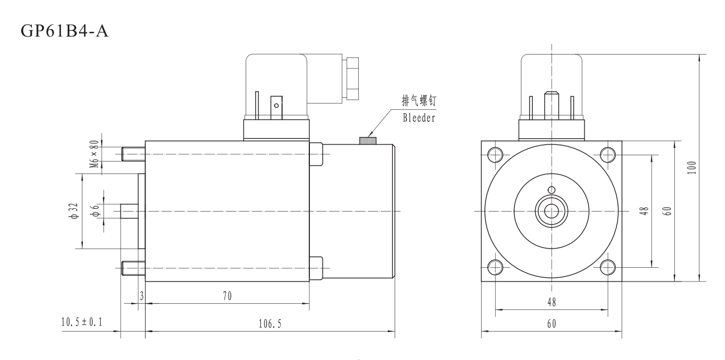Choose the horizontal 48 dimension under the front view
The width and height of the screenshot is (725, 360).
[x=551, y=303]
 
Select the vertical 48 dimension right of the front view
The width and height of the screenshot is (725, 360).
[x=643, y=211]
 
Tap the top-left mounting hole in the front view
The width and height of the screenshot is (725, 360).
[x=495, y=154]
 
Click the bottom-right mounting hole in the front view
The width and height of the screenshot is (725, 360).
[x=607, y=267]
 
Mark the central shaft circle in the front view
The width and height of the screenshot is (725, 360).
[x=551, y=211]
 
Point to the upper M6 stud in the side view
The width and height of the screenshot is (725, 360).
[x=133, y=154]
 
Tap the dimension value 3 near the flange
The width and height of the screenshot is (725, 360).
[x=141, y=296]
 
